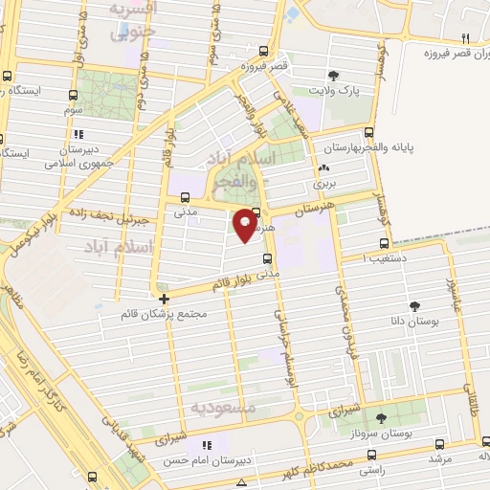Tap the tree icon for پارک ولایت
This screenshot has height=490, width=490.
(333, 75)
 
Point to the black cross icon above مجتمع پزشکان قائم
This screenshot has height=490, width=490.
(164, 298)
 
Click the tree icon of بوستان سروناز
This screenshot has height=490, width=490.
(381, 418)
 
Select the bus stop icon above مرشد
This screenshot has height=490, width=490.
(439, 444)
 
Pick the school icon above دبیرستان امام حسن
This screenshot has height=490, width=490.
(205, 445)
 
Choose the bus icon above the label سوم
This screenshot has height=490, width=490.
(74, 95)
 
